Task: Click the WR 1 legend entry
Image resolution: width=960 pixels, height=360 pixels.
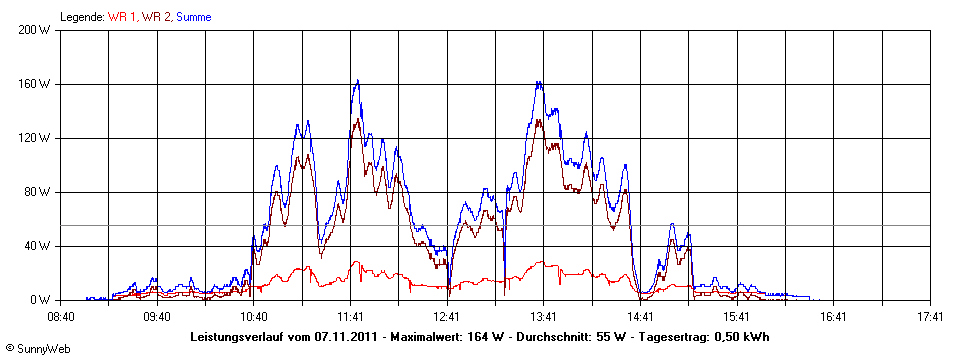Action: pos(123,17)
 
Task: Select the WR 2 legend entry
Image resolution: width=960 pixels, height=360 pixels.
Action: pos(157,17)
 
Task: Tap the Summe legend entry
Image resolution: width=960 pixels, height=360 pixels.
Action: pos(194,17)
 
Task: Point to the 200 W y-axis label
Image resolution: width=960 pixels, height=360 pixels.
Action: pos(35,30)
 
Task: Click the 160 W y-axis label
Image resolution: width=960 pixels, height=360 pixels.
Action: pos(35,84)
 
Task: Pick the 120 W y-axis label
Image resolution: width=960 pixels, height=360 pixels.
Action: pos(35,138)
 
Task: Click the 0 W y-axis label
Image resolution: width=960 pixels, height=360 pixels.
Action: pos(41,300)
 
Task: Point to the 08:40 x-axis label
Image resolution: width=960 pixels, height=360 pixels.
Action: pos(61,316)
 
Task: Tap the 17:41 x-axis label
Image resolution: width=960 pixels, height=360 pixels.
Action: pos(929,316)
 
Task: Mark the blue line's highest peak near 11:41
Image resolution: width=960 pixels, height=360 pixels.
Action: pos(357,81)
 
